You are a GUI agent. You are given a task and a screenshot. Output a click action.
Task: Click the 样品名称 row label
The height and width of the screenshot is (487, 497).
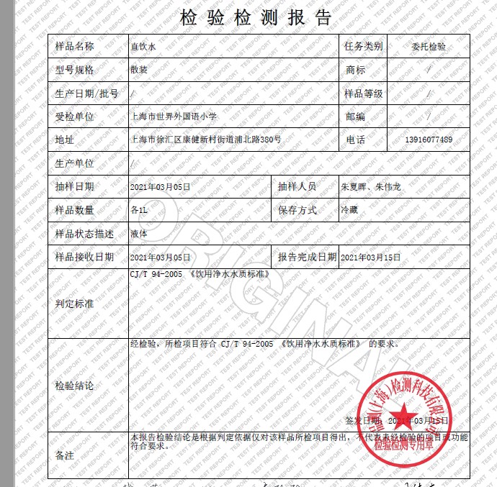point(75,47)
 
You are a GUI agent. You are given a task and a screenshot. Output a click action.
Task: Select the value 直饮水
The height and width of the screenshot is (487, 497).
point(143,47)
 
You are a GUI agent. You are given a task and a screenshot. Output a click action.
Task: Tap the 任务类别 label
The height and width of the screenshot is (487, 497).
point(364,47)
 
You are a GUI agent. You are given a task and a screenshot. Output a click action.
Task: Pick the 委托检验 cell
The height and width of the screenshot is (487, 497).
point(429,47)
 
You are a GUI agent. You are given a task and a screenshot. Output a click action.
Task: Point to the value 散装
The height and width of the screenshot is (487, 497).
point(139,70)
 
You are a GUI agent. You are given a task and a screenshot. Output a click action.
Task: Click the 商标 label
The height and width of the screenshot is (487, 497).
point(356,70)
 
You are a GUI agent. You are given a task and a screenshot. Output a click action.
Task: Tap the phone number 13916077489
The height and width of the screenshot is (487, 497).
point(429,140)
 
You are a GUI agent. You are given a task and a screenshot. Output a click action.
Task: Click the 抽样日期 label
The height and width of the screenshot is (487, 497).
point(75,186)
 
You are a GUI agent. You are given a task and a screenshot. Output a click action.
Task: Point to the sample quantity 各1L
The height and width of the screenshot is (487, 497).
point(139,210)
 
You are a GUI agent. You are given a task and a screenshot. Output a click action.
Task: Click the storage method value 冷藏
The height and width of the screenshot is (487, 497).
point(349,210)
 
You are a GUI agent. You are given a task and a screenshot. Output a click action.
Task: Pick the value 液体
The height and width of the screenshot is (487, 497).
point(139,233)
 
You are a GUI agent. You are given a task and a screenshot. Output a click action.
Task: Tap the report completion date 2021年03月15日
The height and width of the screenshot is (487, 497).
point(370,257)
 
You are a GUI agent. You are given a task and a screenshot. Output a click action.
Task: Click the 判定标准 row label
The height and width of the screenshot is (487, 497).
point(75,304)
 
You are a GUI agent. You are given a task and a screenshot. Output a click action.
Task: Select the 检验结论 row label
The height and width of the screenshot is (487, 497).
point(75,386)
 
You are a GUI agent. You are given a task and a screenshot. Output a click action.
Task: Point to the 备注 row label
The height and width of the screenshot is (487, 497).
point(65,455)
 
